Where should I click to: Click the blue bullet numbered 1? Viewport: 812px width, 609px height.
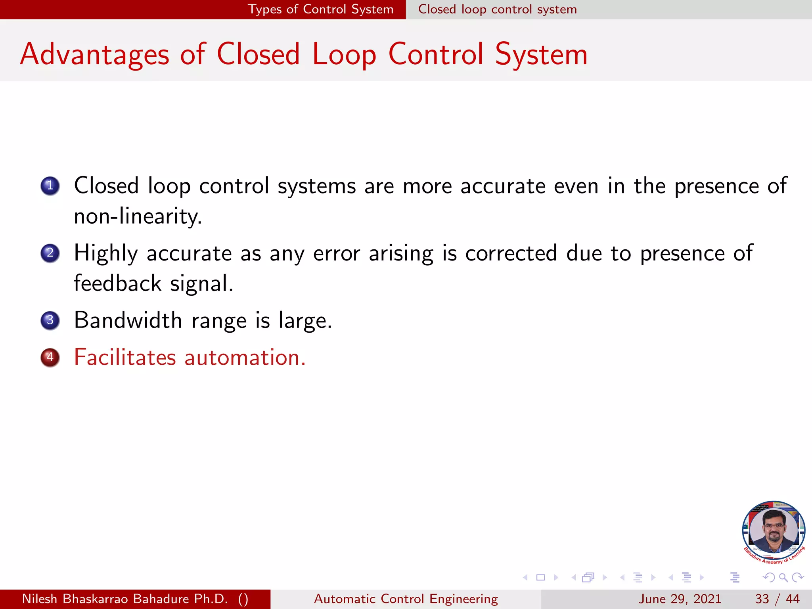[50, 186]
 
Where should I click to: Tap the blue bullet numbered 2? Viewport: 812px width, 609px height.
[50, 253]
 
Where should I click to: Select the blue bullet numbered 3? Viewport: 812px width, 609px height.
[50, 320]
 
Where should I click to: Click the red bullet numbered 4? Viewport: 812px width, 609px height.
[50, 357]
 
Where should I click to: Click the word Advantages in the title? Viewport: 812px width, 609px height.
[95, 54]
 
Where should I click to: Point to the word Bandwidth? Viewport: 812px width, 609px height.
[128, 320]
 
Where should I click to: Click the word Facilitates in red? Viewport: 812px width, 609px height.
[125, 357]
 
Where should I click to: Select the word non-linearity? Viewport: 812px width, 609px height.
[138, 216]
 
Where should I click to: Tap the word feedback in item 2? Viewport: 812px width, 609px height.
[118, 283]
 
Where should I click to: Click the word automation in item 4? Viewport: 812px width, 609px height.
[245, 357]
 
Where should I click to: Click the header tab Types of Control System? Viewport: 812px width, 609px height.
[320, 9]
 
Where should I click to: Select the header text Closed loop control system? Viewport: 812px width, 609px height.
[497, 9]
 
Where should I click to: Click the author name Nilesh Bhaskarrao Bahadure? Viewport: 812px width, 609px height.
[125, 599]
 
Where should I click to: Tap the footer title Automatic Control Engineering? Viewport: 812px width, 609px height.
[406, 599]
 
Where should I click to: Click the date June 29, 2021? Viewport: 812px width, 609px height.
[679, 599]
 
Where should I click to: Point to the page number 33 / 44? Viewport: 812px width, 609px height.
[777, 599]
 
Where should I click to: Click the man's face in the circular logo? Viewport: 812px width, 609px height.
[774, 529]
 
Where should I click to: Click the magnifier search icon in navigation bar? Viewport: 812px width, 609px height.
[783, 577]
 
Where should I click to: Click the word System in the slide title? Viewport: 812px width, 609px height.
[541, 54]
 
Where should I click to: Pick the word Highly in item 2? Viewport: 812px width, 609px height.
[106, 253]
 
